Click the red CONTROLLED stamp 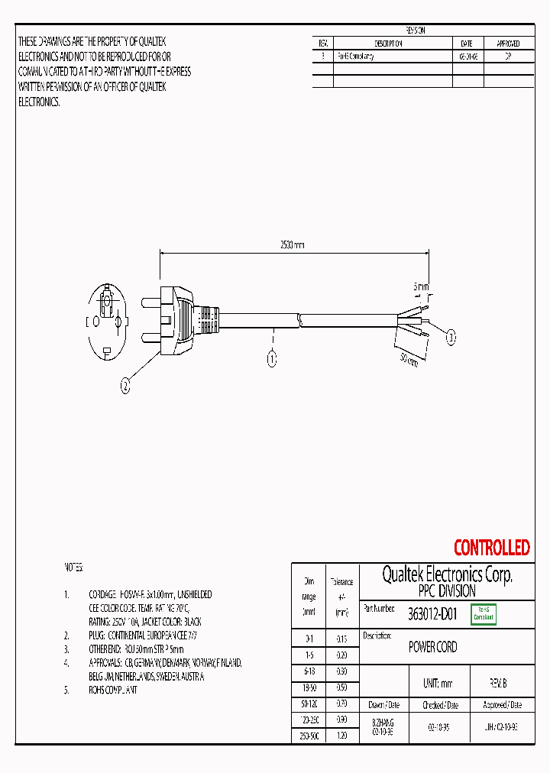491,548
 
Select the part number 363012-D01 432,613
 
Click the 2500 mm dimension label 291,244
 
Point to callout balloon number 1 272,359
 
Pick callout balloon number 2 125,386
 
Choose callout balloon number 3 451,337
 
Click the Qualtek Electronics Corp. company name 447,574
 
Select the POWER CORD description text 432,647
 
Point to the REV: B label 497,684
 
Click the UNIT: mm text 437,684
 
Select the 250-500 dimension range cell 309,736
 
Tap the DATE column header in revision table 467,44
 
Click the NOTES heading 73,568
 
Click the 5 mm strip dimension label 421,287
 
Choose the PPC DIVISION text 447,591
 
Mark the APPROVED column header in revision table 508,44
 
